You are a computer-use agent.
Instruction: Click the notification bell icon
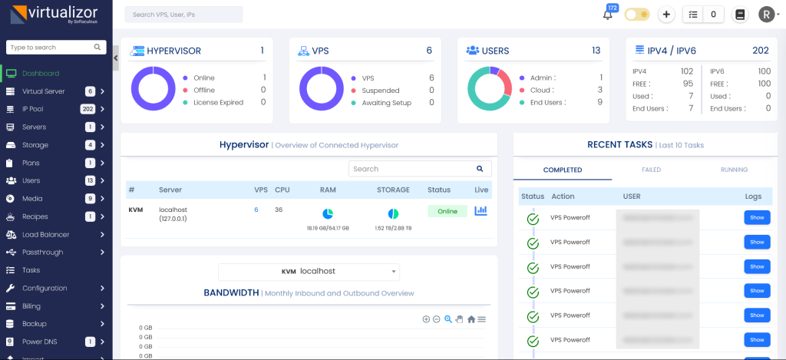pos(608,15)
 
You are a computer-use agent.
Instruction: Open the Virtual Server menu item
pos(44,91)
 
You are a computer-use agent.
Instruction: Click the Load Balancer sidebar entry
pos(45,234)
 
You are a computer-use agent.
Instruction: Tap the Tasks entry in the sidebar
pos(31,270)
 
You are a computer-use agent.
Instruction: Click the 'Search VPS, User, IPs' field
pos(183,15)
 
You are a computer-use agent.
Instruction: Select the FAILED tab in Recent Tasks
pos(651,170)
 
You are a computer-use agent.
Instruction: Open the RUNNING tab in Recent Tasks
pos(735,170)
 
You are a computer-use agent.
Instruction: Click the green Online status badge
pos(447,211)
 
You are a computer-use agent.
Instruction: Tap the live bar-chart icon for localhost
pos(481,211)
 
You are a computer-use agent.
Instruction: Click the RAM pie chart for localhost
pos(328,213)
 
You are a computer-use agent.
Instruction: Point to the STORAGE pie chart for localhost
pos(393,213)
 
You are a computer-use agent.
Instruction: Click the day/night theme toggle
pos(636,15)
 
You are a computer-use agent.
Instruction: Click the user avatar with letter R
pos(766,15)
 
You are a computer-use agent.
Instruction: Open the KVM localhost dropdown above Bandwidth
pos(309,271)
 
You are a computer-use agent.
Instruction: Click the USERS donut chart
pos(489,90)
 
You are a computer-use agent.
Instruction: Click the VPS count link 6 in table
pos(256,210)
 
